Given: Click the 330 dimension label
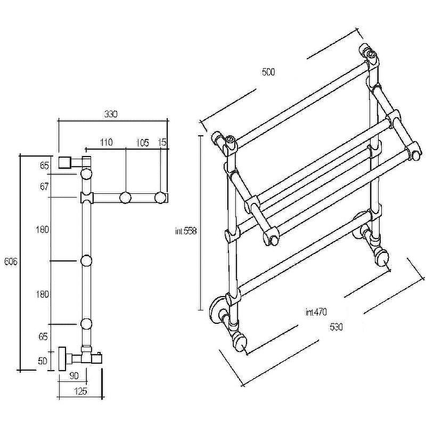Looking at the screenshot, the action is pyautogui.click(x=111, y=114).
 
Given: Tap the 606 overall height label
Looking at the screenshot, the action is pyautogui.click(x=11, y=261).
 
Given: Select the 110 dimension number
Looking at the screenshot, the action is pyautogui.click(x=106, y=142).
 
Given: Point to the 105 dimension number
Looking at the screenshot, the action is pyautogui.click(x=143, y=142).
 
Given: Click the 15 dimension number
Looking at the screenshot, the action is pyautogui.click(x=162, y=142).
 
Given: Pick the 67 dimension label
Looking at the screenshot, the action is pyautogui.click(x=44, y=186).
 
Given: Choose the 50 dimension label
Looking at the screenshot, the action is pyautogui.click(x=43, y=361).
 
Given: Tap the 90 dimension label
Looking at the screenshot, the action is pyautogui.click(x=74, y=375).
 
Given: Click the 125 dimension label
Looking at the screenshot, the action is pyautogui.click(x=81, y=391).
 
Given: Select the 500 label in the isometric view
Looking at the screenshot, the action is pyautogui.click(x=268, y=72).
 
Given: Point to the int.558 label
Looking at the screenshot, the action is pyautogui.click(x=186, y=231).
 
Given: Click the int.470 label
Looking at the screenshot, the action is pyautogui.click(x=316, y=312).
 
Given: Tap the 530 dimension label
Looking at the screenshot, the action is pyautogui.click(x=337, y=327).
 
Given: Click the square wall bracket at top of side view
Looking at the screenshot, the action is pyautogui.click(x=64, y=162).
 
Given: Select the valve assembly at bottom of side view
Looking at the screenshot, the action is pyautogui.click(x=80, y=358).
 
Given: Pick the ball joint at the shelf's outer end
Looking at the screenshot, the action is pyautogui.click(x=160, y=198).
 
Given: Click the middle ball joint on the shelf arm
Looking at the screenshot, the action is pyautogui.click(x=125, y=198).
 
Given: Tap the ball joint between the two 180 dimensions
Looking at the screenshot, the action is pyautogui.click(x=86, y=261).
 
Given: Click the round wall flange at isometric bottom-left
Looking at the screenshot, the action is pyautogui.click(x=217, y=310).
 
